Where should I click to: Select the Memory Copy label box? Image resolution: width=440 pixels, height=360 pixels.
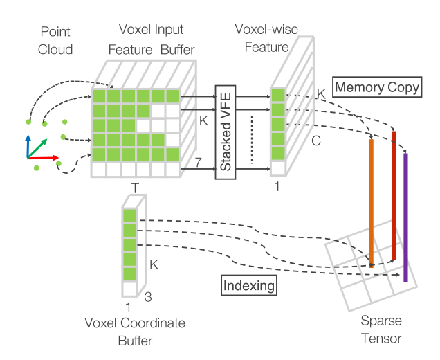[x=377, y=88]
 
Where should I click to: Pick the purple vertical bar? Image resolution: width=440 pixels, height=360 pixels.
[x=405, y=217]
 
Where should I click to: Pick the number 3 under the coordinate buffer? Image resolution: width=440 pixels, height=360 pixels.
[x=146, y=298]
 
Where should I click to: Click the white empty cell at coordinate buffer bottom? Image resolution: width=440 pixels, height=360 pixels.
[x=129, y=289]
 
